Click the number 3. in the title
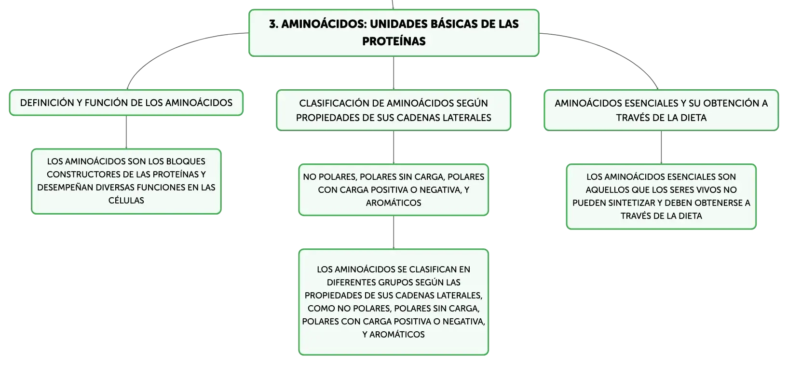click(x=274, y=24)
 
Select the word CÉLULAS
click(x=126, y=201)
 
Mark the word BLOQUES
click(x=185, y=162)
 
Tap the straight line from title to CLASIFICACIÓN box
click(x=394, y=73)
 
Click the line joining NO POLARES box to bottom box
click(x=394, y=232)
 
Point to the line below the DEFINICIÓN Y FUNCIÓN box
click(x=126, y=132)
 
